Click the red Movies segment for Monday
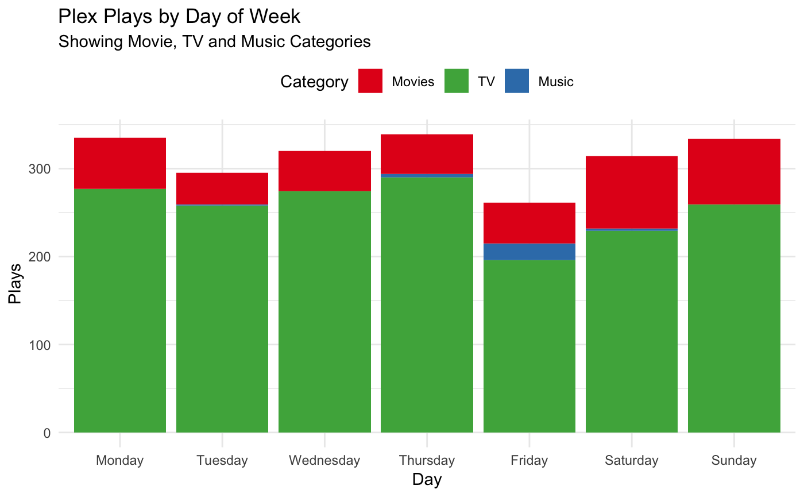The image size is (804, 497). pos(120,163)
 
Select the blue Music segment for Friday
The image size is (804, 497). pos(529,252)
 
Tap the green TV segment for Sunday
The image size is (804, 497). pos(733,318)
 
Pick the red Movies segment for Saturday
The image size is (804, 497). pos(631,192)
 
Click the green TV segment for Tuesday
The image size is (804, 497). pos(222,319)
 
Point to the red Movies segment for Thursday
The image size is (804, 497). pos(427,153)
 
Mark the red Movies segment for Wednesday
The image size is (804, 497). pos(324,171)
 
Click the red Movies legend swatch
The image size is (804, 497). pos(370,81)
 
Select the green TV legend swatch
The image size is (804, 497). pos(457,81)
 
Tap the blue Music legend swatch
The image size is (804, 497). pos(517,81)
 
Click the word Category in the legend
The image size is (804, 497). pos(314,82)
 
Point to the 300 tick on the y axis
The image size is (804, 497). pos(43,169)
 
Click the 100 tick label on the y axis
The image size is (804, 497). pos(43,345)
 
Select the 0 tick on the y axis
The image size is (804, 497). pos(47,433)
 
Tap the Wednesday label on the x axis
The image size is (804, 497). pos(324,460)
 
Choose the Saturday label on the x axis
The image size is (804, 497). pos(631,460)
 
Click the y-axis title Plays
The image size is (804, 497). pos(16,284)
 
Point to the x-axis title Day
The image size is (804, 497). pos(427,479)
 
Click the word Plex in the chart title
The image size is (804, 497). pos(77,16)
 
